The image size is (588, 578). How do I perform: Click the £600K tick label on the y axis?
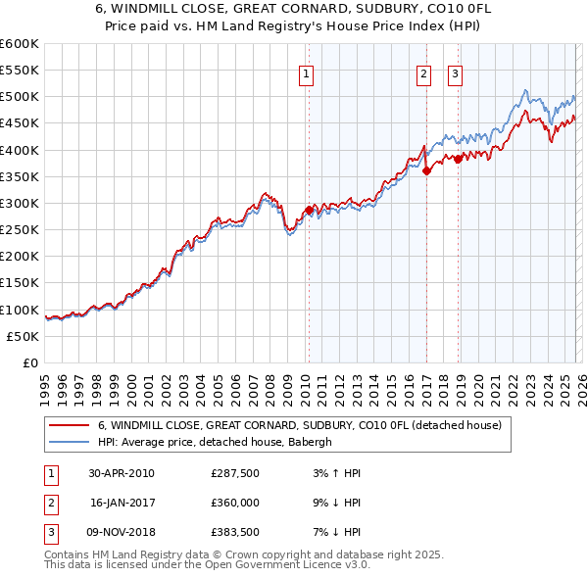20,44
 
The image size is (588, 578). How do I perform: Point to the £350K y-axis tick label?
20,177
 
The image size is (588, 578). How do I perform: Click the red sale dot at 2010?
309,210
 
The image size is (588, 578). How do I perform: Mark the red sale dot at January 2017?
426,171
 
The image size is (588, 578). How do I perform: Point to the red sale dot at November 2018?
458,159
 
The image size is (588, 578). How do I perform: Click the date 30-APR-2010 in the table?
122,473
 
